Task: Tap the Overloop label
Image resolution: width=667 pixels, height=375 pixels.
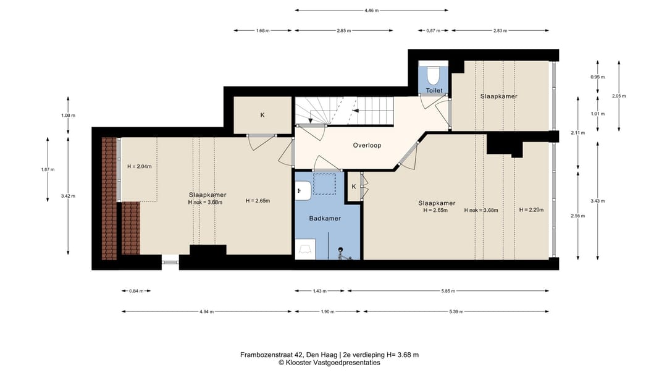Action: point(367,146)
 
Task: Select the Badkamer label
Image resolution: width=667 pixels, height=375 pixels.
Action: point(325,218)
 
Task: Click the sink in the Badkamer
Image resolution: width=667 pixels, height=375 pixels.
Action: point(304,190)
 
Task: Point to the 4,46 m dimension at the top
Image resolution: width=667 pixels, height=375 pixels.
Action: point(371,11)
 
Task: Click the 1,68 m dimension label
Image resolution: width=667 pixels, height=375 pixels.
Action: point(262,31)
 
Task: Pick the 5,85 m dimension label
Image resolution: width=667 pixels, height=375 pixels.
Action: point(448,291)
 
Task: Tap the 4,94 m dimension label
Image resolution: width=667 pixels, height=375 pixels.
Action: point(207,311)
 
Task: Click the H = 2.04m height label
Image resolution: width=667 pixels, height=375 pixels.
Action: point(140,166)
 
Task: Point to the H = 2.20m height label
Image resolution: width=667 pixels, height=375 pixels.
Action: point(531,210)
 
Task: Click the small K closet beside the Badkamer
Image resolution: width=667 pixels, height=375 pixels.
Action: point(354,187)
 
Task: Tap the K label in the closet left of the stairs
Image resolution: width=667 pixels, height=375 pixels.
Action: point(262,116)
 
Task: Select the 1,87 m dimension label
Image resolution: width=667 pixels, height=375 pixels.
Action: point(48,169)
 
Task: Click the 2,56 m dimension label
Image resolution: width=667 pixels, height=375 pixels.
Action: point(577,216)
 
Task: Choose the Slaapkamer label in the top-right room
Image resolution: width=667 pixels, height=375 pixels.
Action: point(499,96)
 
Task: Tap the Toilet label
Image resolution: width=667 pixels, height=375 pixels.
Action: point(434,90)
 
